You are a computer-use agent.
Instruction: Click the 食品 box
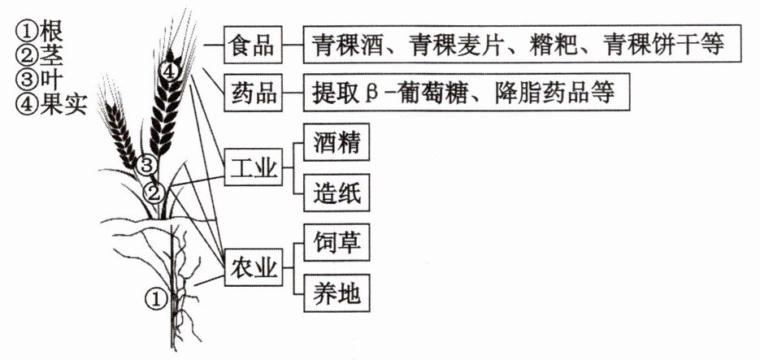tap(253, 45)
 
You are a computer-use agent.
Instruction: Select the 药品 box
tap(253, 93)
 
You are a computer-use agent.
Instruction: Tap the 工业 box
tap(253, 167)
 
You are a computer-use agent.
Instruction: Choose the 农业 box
tap(253, 267)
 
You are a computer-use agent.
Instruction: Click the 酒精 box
tap(337, 142)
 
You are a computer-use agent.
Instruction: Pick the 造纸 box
tap(337, 193)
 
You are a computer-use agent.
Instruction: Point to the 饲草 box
tap(337, 242)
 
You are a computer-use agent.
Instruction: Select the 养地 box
tap(337, 293)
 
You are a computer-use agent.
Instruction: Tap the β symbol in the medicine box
tap(368, 93)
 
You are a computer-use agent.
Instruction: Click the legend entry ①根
tap(40, 32)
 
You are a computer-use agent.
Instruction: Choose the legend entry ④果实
tap(51, 104)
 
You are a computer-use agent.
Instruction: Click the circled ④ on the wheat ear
tap(169, 72)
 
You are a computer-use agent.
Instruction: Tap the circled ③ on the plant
tap(145, 165)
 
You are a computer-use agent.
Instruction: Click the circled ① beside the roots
tap(156, 299)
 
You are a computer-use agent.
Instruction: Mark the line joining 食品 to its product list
tap(293, 45)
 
